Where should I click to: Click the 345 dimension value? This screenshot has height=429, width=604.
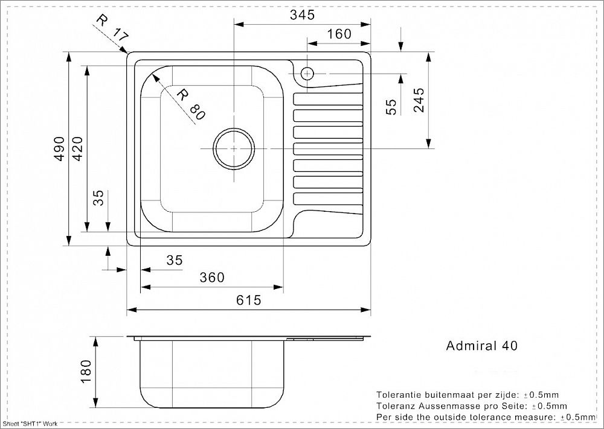[302, 15]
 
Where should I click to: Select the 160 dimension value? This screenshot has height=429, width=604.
[339, 34]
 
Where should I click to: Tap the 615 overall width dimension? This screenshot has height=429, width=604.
[248, 300]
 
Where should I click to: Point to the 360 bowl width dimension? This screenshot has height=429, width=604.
[211, 277]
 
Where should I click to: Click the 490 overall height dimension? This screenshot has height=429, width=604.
[60, 148]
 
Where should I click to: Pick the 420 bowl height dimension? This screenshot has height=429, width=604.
[77, 148]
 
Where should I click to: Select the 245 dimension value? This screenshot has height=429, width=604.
[419, 100]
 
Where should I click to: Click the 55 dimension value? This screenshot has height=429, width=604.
[391, 107]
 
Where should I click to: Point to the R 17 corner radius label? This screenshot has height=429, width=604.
[112, 28]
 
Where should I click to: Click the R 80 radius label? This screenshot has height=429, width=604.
[191, 104]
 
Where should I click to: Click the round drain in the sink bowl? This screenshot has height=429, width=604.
[234, 148]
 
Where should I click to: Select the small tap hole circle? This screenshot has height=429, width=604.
[307, 73]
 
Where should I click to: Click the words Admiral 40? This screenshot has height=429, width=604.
[481, 346]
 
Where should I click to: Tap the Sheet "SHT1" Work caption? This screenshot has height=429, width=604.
[30, 424]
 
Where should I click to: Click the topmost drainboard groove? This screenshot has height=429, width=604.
[328, 99]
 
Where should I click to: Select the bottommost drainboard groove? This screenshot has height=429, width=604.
[328, 199]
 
